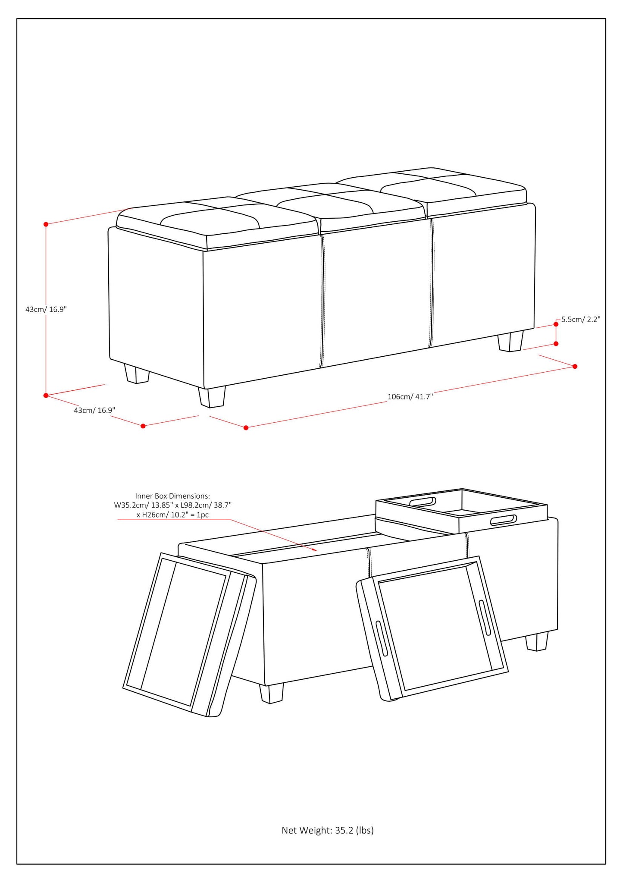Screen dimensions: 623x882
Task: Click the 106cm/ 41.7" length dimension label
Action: point(410,397)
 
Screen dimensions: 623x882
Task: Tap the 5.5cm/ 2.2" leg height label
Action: point(580,320)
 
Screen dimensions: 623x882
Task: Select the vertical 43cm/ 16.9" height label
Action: point(46,309)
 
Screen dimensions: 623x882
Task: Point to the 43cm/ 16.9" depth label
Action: point(94,410)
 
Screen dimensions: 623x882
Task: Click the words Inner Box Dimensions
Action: point(172,496)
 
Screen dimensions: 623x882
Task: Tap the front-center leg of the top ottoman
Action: point(212,397)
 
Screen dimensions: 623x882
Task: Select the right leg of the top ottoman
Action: point(510,341)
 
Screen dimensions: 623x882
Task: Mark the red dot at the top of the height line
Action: point(46,224)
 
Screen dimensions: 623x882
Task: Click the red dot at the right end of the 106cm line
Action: point(575,366)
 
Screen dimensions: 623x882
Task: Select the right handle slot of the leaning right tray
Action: point(485,617)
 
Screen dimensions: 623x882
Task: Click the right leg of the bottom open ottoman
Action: point(537,641)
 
